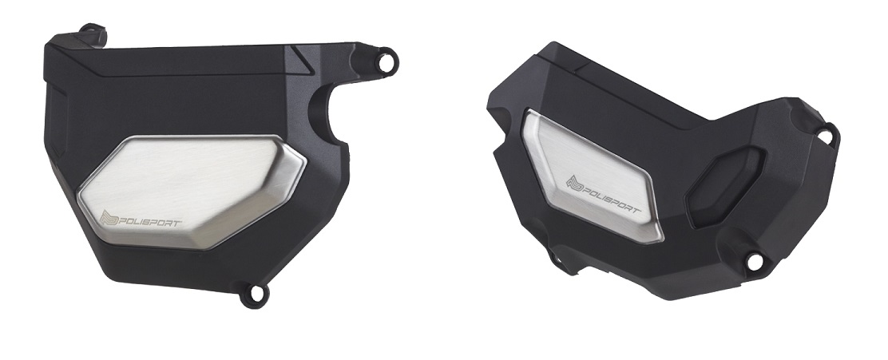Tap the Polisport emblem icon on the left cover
pos(109,218)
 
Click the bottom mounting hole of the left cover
pos(256,293)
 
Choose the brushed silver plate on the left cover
pos(192,192)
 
